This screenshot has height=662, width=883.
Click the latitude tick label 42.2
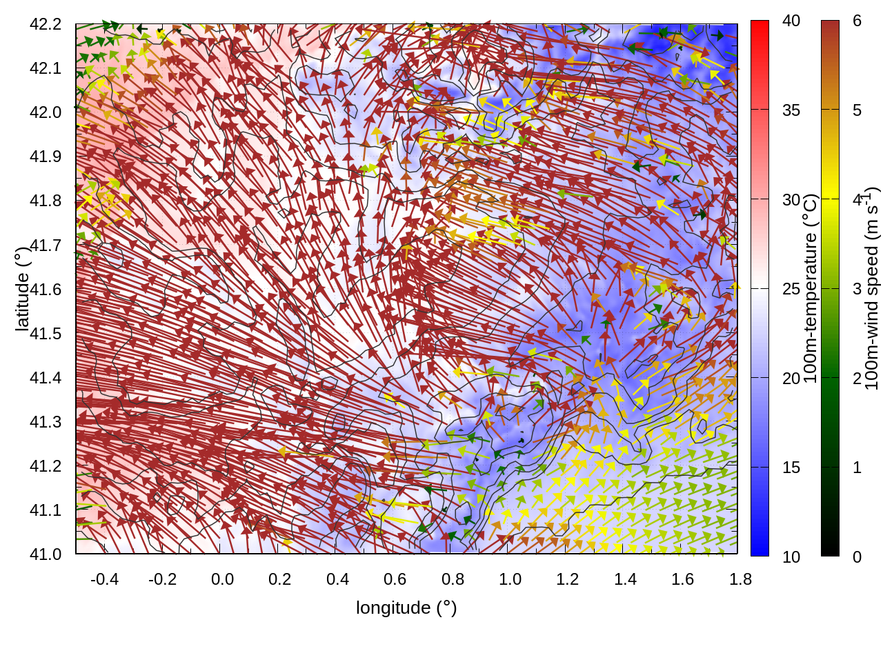point(46,24)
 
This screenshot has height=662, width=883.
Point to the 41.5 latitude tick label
point(46,334)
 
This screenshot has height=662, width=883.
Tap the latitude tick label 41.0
point(46,554)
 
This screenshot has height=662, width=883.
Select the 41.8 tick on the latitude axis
point(46,201)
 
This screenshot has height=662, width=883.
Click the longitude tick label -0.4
point(105,579)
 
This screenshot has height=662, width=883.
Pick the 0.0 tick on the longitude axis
point(222,579)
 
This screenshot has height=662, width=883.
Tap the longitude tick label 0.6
point(395,579)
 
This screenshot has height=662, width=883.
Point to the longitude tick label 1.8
point(741,579)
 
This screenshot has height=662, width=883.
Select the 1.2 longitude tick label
point(568,579)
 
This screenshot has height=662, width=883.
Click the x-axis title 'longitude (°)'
point(406,608)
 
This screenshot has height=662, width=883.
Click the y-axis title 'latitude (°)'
point(22,289)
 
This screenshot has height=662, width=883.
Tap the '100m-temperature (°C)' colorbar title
point(811,289)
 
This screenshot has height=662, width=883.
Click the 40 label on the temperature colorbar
point(791,21)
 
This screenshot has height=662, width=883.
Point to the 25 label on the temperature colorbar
point(791,289)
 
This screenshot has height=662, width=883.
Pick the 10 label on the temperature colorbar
point(791,557)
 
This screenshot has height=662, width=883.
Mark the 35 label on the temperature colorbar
point(791,110)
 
